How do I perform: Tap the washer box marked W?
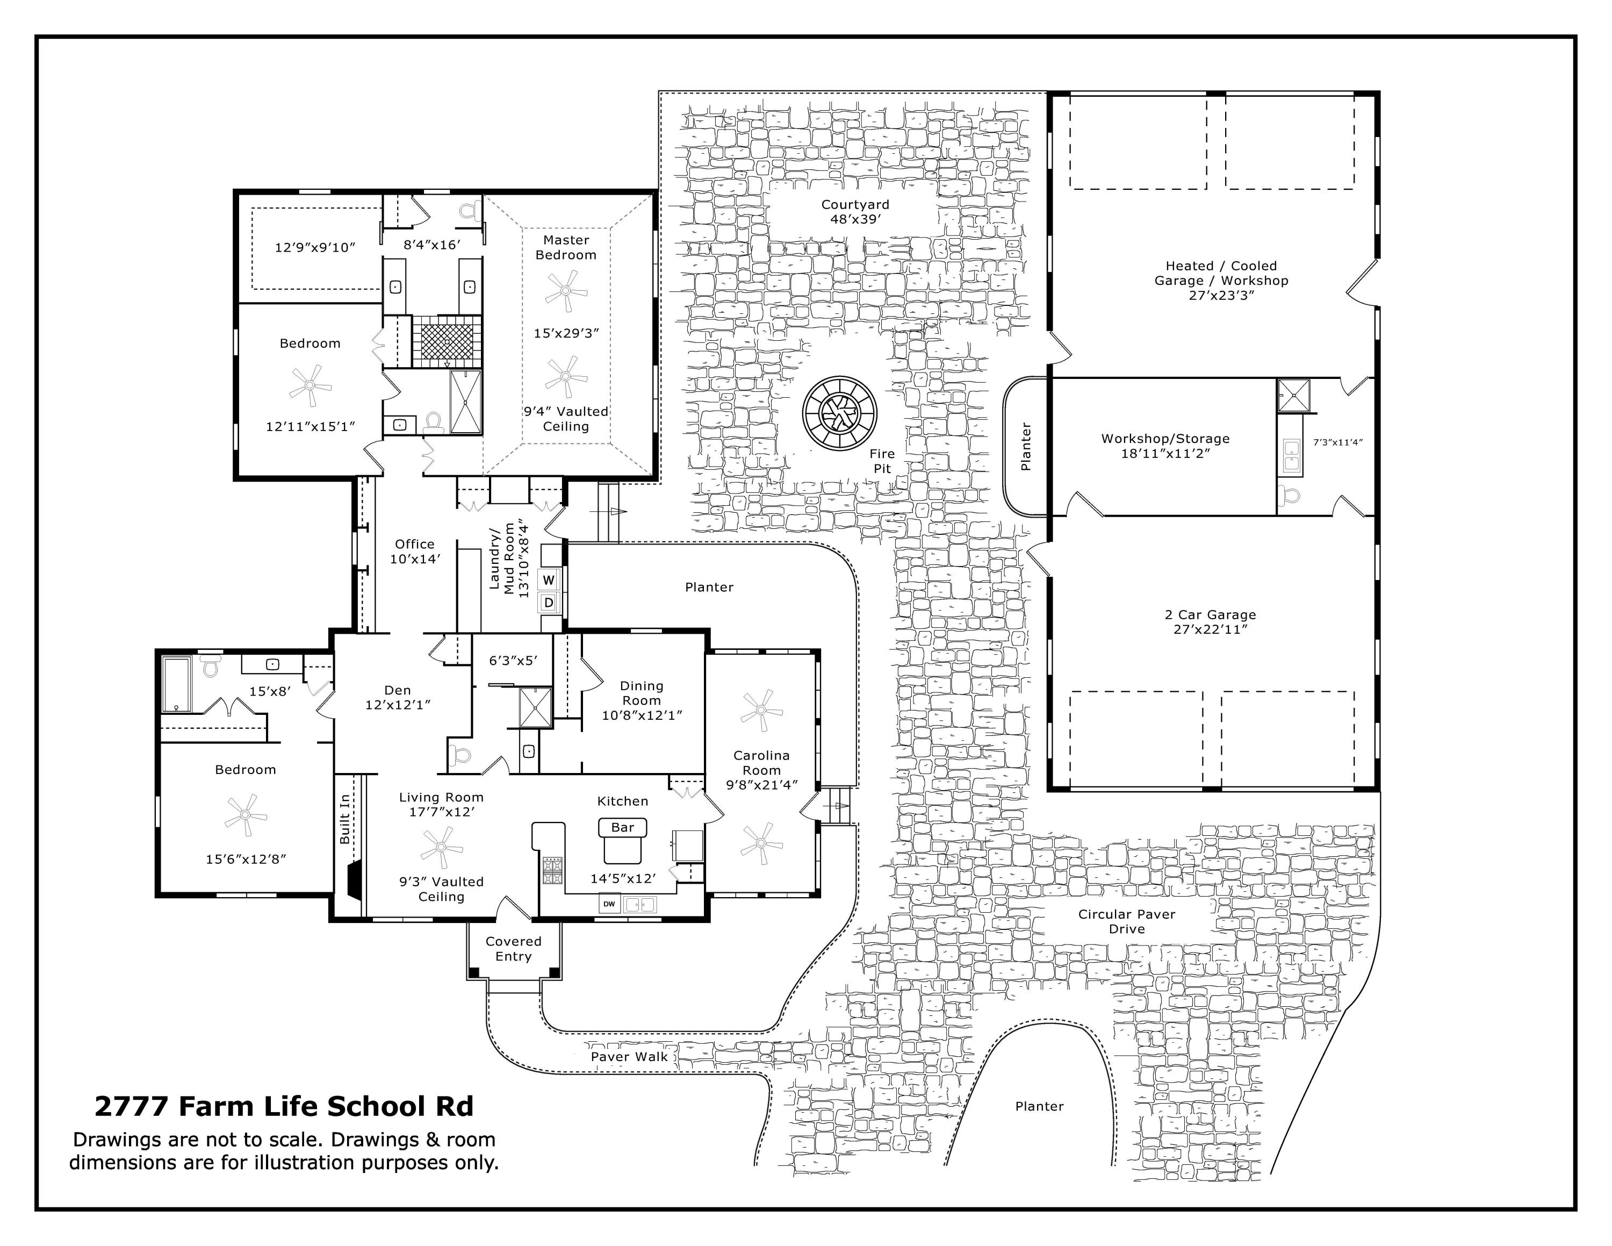click(x=549, y=580)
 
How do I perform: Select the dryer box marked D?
click(x=549, y=603)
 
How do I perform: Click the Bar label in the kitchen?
click(x=622, y=827)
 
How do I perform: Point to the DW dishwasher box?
click(x=609, y=904)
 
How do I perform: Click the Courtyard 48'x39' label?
click(x=855, y=212)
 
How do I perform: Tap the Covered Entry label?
click(x=514, y=949)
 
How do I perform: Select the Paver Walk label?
click(x=629, y=1056)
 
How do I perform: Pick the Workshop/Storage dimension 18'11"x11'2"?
click(x=1165, y=453)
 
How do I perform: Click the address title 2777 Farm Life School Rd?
click(x=284, y=1106)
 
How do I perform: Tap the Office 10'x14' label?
click(x=415, y=552)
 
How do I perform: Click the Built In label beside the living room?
click(x=344, y=819)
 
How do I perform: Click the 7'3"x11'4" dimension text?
click(x=1337, y=442)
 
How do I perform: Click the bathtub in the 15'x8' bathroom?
click(x=177, y=684)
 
